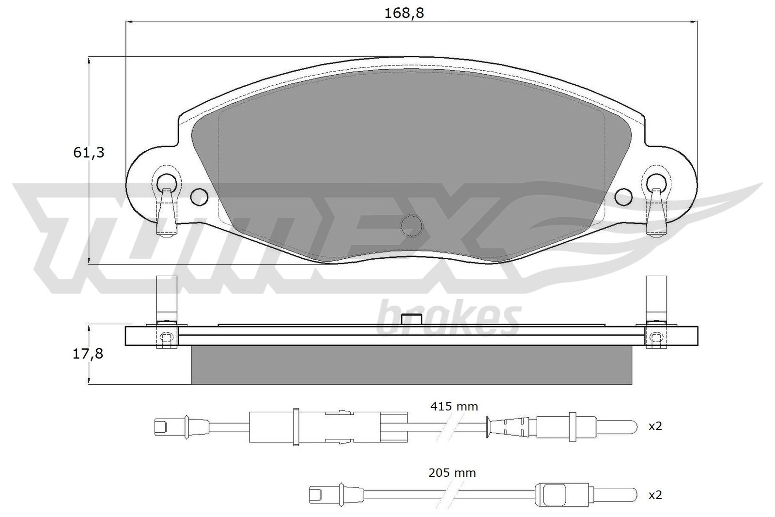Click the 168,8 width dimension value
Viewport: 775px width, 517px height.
[404, 13]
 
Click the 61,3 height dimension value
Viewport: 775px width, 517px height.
[89, 153]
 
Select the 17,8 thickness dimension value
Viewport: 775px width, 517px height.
[88, 354]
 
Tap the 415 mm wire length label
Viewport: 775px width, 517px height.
[454, 406]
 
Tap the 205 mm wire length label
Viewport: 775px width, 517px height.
[452, 472]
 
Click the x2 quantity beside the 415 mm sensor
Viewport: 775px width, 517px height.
[655, 426]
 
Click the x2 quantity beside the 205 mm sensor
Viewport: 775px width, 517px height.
[655, 495]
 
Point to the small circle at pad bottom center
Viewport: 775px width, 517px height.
[412, 225]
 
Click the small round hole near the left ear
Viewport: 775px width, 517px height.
[199, 196]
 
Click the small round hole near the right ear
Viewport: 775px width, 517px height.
[624, 196]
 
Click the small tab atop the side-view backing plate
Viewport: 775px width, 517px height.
[412, 320]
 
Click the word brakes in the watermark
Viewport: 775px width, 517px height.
[448, 318]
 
